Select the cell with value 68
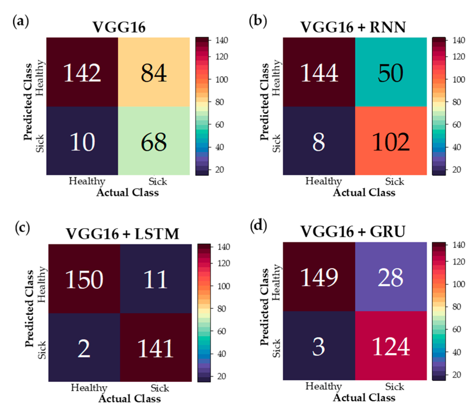coord(154,141)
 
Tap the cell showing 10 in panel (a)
coord(82,141)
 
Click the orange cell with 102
coord(391,141)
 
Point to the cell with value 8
coord(319,141)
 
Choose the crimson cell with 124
coord(391,346)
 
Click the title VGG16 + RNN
coord(353,27)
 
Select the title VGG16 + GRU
coord(353,231)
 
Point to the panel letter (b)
coord(258,21)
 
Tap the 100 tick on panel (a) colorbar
coord(221,79)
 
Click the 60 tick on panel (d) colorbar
coord(457,329)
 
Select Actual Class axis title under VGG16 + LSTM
coord(130,399)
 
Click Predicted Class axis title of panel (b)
coord(264,102)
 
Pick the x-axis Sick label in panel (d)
coord(394,387)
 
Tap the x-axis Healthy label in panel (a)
coord(87,181)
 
